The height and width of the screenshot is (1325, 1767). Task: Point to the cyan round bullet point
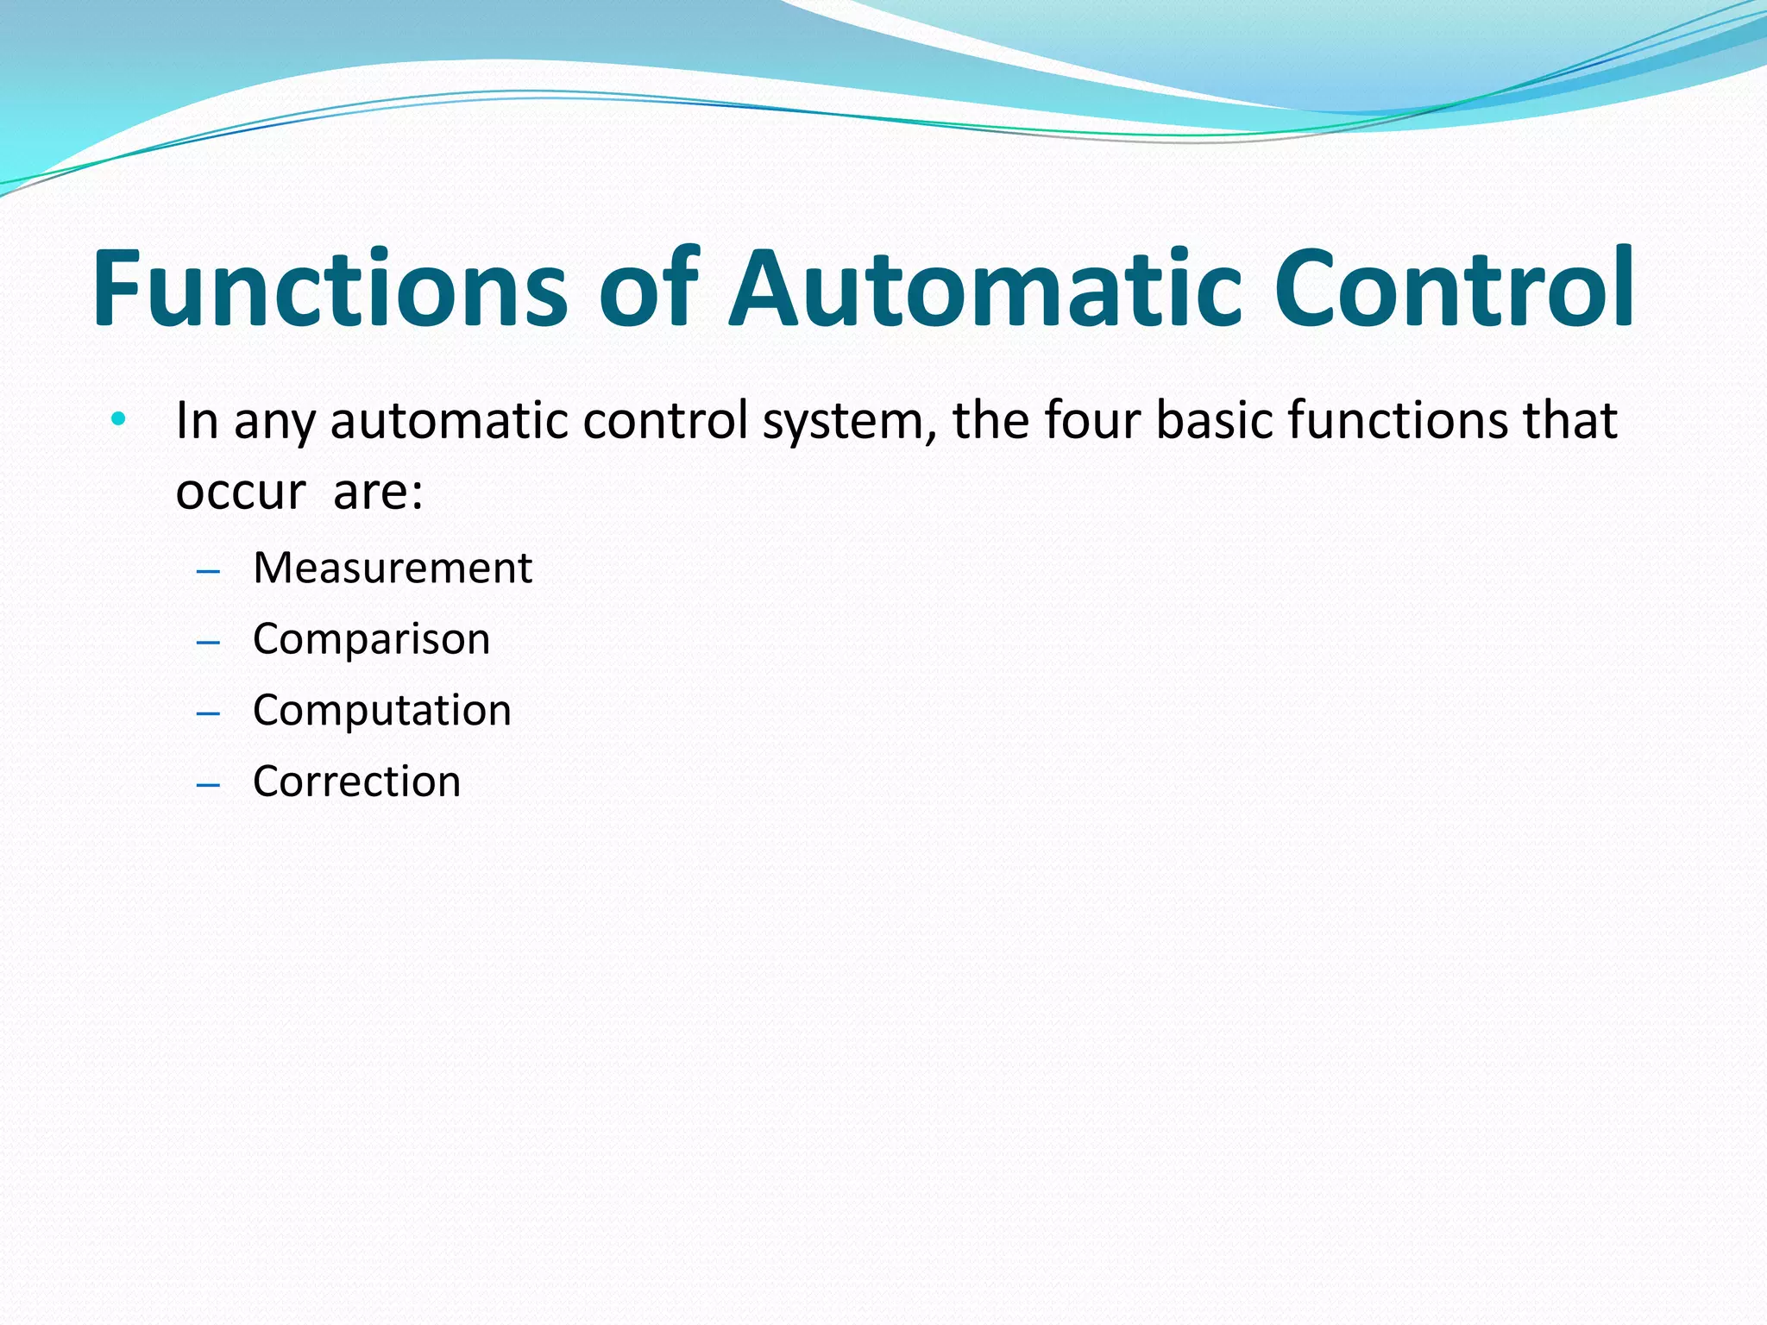click(118, 420)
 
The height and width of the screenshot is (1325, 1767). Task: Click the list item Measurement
click(393, 568)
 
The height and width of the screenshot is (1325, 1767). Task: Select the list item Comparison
click(371, 639)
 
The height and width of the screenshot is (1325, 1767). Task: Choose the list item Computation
click(382, 711)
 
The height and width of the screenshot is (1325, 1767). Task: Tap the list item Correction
click(356, 782)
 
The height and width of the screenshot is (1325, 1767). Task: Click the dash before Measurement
click(208, 572)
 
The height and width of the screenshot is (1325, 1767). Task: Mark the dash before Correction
click(208, 785)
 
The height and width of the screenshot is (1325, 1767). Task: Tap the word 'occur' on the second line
click(241, 493)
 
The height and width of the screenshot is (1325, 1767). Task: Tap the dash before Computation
click(208, 714)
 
